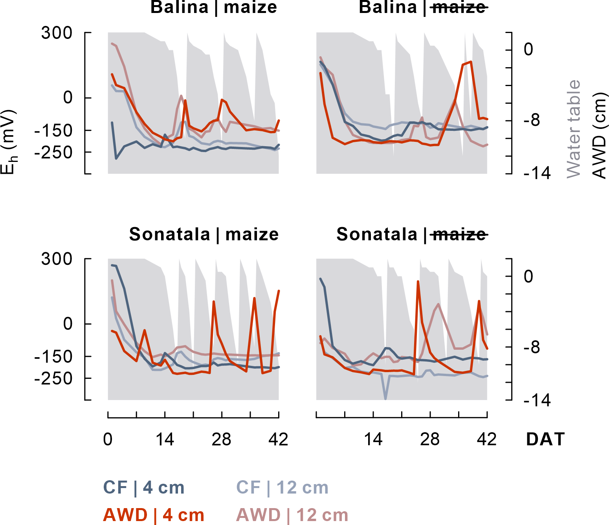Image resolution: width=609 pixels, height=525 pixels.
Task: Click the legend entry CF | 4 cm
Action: point(144,488)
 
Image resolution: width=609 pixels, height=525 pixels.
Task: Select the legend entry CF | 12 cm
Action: point(282,488)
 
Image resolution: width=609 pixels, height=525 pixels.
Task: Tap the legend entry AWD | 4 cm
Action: point(154,515)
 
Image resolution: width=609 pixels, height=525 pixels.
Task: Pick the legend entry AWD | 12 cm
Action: point(292,515)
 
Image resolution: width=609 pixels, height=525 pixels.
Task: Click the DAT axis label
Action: point(545,439)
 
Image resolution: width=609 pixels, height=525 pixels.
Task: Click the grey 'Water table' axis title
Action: point(574,129)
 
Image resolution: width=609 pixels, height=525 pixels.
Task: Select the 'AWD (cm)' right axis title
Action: point(599,136)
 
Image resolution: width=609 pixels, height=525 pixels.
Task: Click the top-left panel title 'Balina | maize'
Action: point(214,7)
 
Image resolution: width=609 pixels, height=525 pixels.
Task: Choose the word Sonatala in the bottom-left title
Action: point(169,234)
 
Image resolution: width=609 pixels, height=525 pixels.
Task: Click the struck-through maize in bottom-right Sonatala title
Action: point(459,234)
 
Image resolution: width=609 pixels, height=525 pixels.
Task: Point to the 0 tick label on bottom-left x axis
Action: point(108,439)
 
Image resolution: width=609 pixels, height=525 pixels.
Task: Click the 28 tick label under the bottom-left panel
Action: point(222,439)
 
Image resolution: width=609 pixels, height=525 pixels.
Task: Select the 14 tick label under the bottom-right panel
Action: point(373,439)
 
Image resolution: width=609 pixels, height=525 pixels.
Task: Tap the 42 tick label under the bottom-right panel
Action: point(487,439)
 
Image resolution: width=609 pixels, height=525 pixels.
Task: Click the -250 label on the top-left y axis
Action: point(53,152)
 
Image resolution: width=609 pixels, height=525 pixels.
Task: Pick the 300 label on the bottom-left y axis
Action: point(57,259)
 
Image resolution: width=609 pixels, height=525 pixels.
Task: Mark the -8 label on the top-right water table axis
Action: point(532,121)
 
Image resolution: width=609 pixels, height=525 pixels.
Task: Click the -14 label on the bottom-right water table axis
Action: point(537,400)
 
